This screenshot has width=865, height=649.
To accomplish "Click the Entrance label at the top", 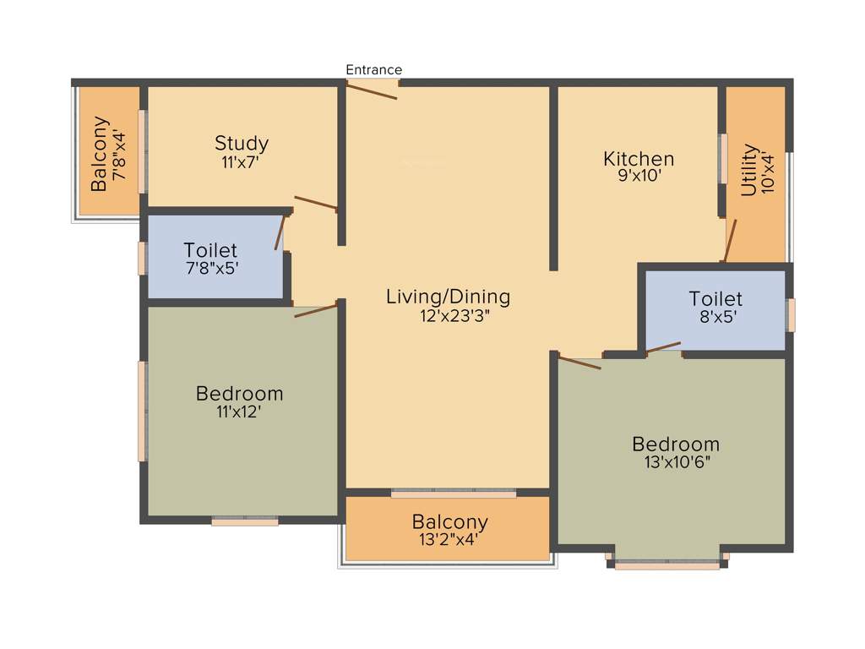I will point(373,69).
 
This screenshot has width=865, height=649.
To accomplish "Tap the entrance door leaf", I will point(372,90).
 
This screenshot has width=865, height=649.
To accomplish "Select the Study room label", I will point(242,143).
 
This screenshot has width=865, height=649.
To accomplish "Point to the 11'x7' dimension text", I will point(242,161).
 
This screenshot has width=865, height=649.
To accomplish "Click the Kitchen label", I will point(639,159).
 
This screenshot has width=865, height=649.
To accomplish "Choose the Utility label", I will point(749,170).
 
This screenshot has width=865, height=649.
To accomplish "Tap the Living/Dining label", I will point(448,297).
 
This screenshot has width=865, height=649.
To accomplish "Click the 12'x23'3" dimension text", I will point(448,315).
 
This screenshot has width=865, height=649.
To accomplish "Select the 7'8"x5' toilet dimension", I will point(210,269).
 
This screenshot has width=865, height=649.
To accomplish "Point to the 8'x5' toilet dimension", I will point(715,317).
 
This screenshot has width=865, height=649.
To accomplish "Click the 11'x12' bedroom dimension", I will point(239,412).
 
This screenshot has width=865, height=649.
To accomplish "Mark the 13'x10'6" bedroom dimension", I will point(676,462).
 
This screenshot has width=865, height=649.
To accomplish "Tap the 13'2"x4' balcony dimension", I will point(449,539).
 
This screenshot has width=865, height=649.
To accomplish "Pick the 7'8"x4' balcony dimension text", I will point(120,154).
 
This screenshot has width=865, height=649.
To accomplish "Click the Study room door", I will point(316,203).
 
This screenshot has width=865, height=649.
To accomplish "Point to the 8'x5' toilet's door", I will point(663,347).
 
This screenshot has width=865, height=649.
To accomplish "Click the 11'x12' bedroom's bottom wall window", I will point(245,522).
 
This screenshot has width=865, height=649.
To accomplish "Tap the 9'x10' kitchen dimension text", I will point(638,177).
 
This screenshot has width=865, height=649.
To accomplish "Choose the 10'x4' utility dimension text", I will point(768,172).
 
